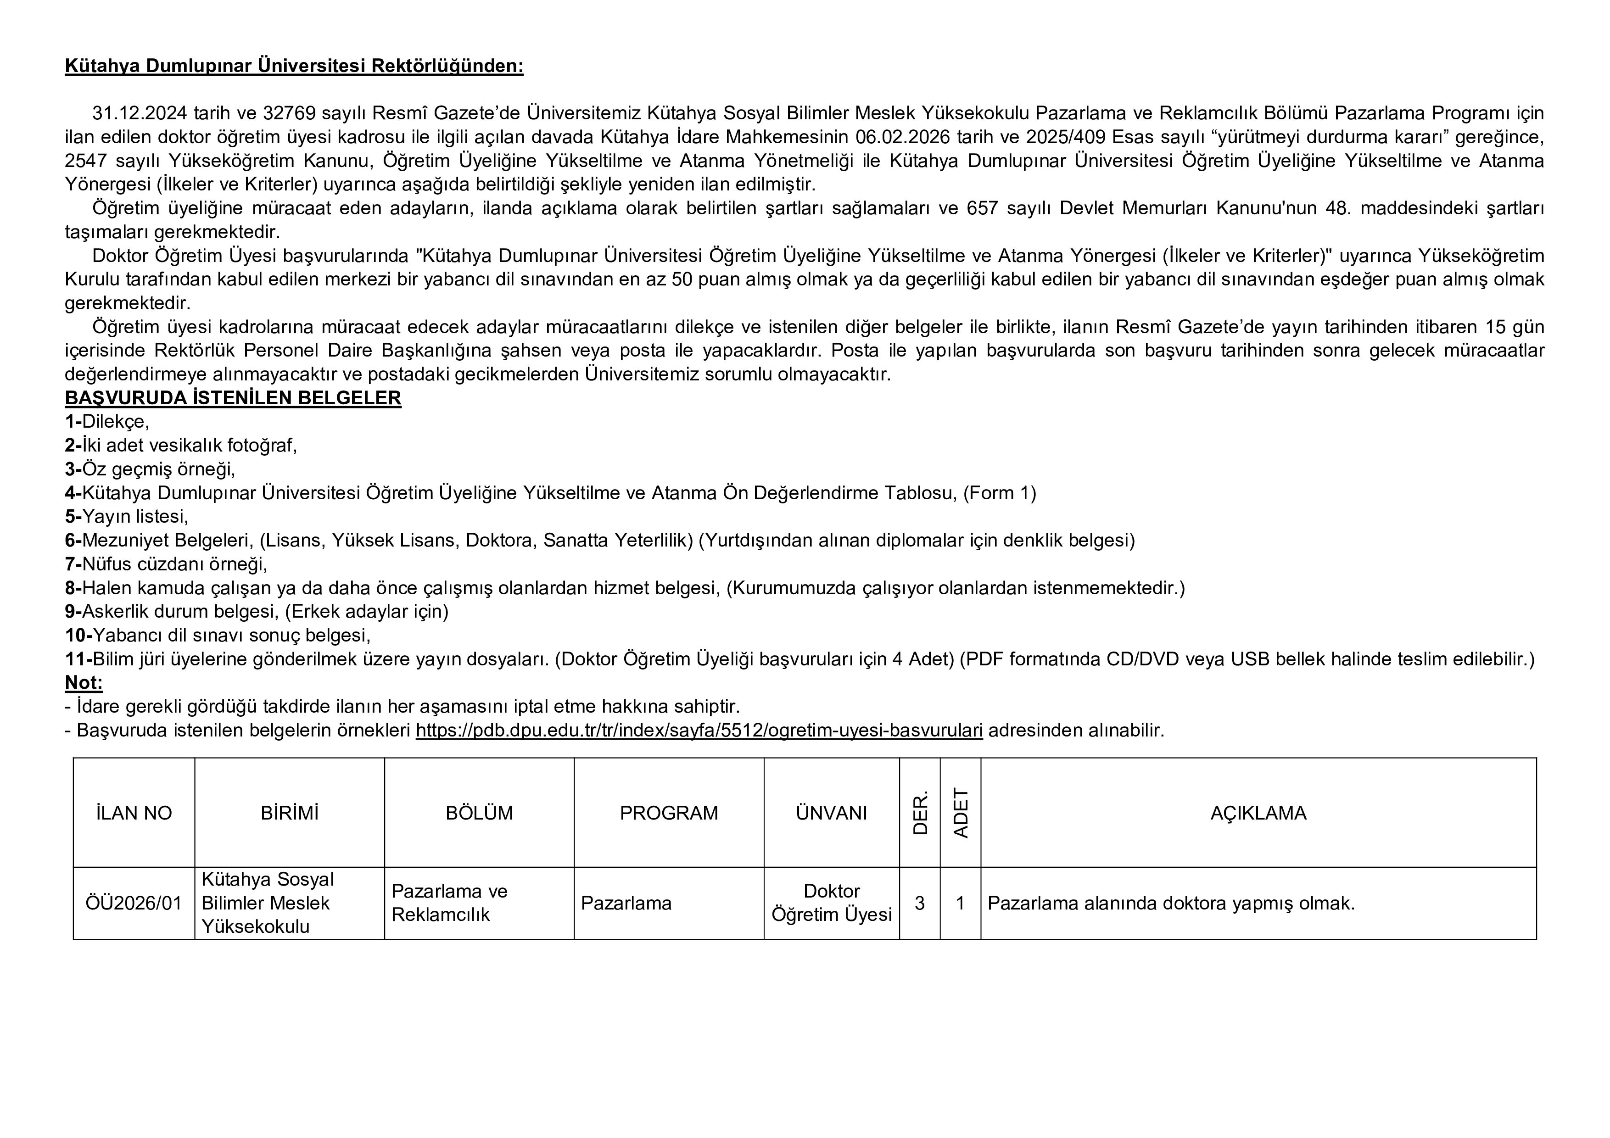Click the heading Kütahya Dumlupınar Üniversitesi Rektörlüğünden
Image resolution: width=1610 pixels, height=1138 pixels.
(294, 66)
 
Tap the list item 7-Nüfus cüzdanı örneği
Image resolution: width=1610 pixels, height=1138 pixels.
(166, 564)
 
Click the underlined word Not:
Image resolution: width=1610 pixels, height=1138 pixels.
(84, 682)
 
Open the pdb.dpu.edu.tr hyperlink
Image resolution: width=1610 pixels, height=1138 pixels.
(699, 730)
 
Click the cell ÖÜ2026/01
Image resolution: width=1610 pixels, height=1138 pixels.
(134, 903)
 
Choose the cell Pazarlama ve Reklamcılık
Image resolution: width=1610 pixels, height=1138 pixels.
(449, 903)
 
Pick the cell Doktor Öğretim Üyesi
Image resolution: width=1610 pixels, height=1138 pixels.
(831, 903)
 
